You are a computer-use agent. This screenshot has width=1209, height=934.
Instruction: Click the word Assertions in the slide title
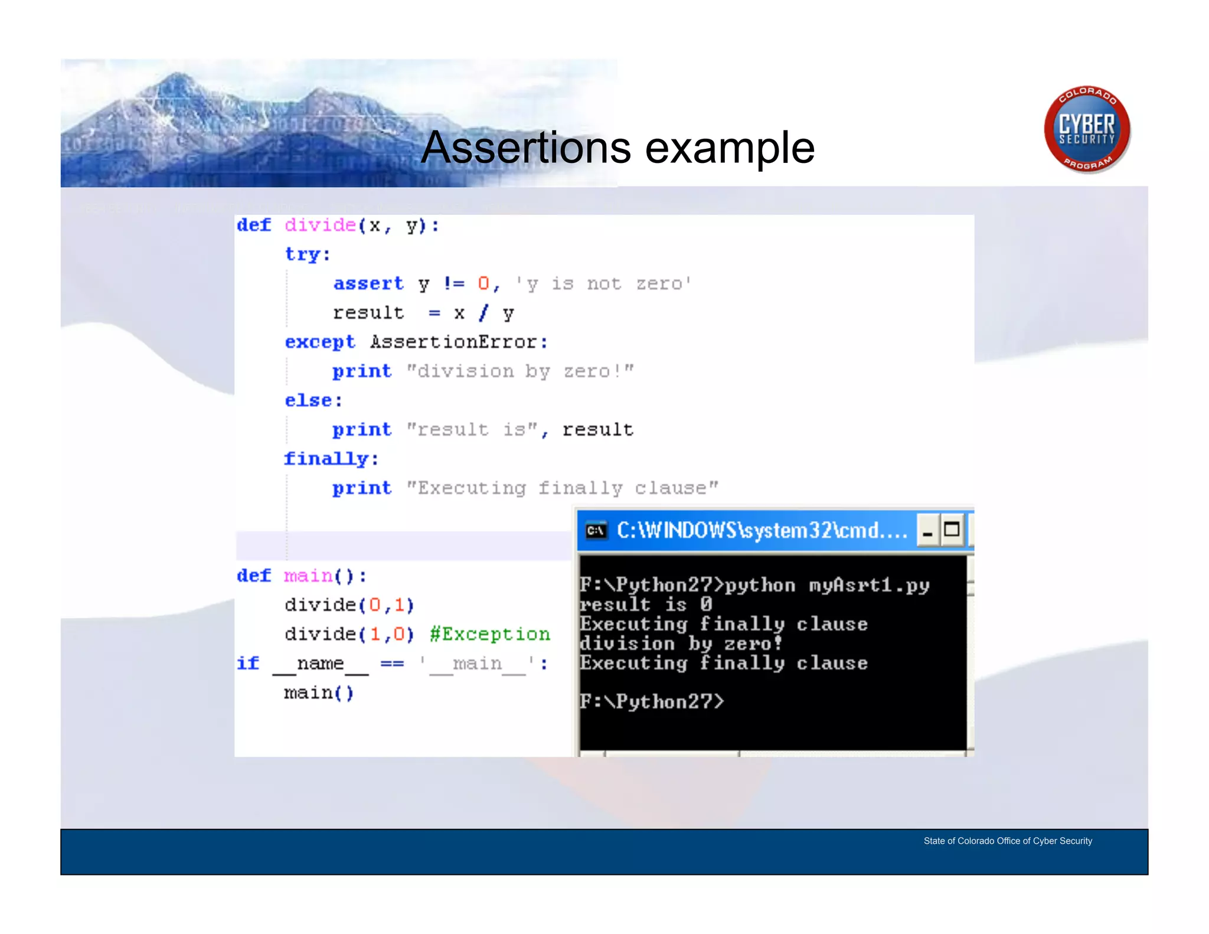525,148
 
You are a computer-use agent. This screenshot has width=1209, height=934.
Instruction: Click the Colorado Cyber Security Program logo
1087,129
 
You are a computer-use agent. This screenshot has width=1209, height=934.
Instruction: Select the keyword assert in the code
368,284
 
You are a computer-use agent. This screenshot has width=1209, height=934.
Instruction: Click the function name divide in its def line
320,226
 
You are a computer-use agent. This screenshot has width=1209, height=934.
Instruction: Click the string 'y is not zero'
603,284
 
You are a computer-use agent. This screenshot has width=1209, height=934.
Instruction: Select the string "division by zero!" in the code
519,371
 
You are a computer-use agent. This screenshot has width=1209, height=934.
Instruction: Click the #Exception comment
490,634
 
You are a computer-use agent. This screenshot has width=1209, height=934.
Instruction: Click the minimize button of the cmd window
927,530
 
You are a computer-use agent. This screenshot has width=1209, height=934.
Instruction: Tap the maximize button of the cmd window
952,530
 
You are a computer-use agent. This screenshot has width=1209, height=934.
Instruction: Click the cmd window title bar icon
596,531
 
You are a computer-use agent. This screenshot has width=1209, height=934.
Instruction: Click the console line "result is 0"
646,605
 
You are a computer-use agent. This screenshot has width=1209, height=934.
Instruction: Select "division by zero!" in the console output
681,644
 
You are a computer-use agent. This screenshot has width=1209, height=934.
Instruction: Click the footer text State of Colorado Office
1008,841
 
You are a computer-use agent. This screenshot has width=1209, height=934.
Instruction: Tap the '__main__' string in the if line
477,664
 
